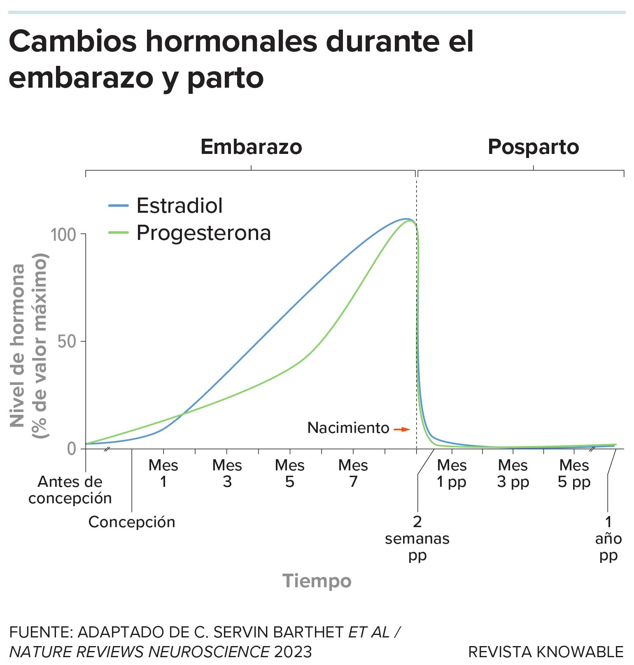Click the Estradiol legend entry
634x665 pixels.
(x=179, y=205)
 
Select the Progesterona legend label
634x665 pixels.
(x=203, y=233)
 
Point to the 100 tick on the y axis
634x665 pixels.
(x=63, y=235)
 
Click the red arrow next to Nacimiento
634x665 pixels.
(x=402, y=429)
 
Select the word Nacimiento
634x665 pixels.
(x=348, y=428)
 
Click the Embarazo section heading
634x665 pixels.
(x=251, y=147)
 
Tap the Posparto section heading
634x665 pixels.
(x=533, y=147)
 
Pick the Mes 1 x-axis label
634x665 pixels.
(x=163, y=473)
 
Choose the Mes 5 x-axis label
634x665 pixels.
(x=289, y=473)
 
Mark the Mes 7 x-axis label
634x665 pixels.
(x=353, y=473)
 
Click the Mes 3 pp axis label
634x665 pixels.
(x=513, y=473)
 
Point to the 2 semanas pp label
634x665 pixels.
(x=417, y=538)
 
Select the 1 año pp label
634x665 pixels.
(x=608, y=538)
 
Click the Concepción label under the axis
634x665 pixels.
(x=132, y=522)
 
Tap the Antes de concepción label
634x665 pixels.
(x=70, y=490)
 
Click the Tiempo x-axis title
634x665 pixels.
(x=317, y=581)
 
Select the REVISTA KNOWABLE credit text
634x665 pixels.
(x=546, y=652)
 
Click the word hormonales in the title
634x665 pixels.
(x=231, y=42)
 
